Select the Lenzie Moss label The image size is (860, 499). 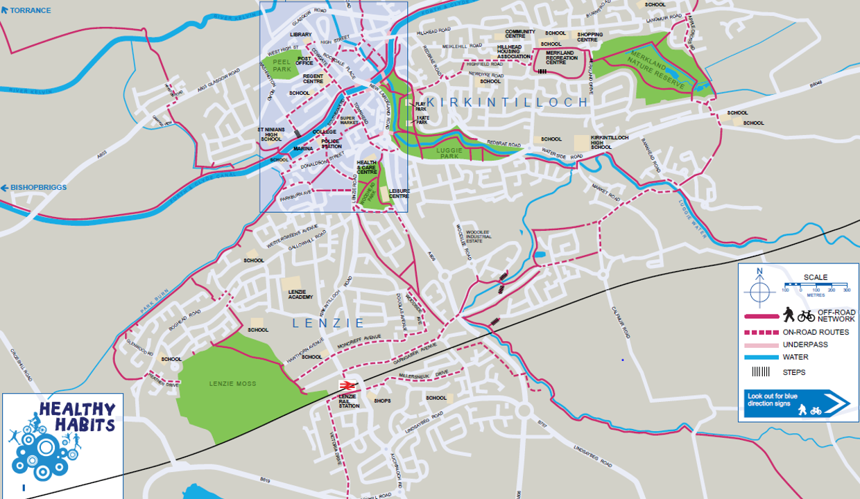(x=232, y=383)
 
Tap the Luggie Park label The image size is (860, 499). (x=449, y=153)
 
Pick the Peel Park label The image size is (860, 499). (x=282, y=65)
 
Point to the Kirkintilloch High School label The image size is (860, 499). (x=610, y=142)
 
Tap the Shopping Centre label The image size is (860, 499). (x=590, y=37)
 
